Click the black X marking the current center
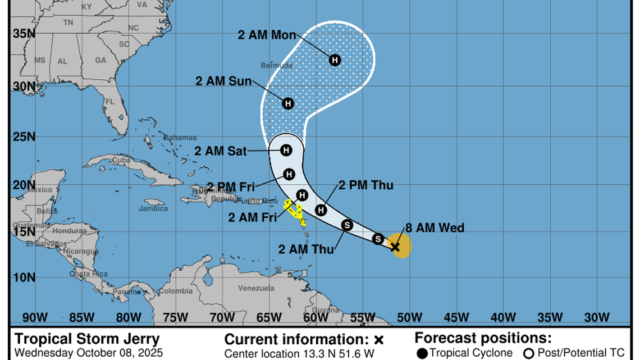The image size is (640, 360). click(x=395, y=247)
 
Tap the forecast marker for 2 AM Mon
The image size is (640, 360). click(x=335, y=60)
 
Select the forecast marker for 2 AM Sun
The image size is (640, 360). click(x=288, y=103)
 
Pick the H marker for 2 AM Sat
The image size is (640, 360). click(x=286, y=150)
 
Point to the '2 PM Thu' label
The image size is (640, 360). click(x=366, y=185)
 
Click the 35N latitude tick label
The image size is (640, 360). click(x=24, y=34)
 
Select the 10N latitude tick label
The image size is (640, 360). click(x=24, y=277)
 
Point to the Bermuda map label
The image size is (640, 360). click(x=278, y=66)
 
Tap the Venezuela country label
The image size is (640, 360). click(x=256, y=288)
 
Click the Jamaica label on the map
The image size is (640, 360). click(x=153, y=208)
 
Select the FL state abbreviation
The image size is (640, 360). click(x=110, y=102)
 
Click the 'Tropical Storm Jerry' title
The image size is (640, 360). click(x=87, y=339)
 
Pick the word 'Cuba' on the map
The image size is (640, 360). click(x=122, y=160)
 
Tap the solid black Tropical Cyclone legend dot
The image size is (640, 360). click(x=422, y=353)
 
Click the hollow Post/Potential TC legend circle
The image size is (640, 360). click(x=528, y=353)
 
